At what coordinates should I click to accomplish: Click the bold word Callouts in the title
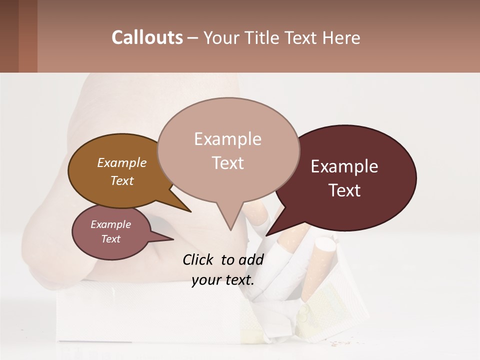pyautogui.click(x=147, y=37)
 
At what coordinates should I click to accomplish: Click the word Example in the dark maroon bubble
pyautogui.click(x=344, y=166)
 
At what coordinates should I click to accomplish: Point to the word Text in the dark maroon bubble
pyautogui.click(x=344, y=190)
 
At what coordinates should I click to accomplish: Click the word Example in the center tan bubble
pyautogui.click(x=227, y=139)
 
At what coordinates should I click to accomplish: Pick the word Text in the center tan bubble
pyautogui.click(x=227, y=163)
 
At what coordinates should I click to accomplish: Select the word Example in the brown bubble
pyautogui.click(x=121, y=163)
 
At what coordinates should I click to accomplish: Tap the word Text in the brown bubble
pyautogui.click(x=121, y=181)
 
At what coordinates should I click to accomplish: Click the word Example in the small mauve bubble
pyautogui.click(x=110, y=224)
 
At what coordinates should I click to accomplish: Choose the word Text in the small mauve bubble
pyautogui.click(x=110, y=239)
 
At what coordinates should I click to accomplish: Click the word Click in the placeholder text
pyautogui.click(x=199, y=259)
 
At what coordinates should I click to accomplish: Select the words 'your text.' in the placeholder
pyautogui.click(x=223, y=280)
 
